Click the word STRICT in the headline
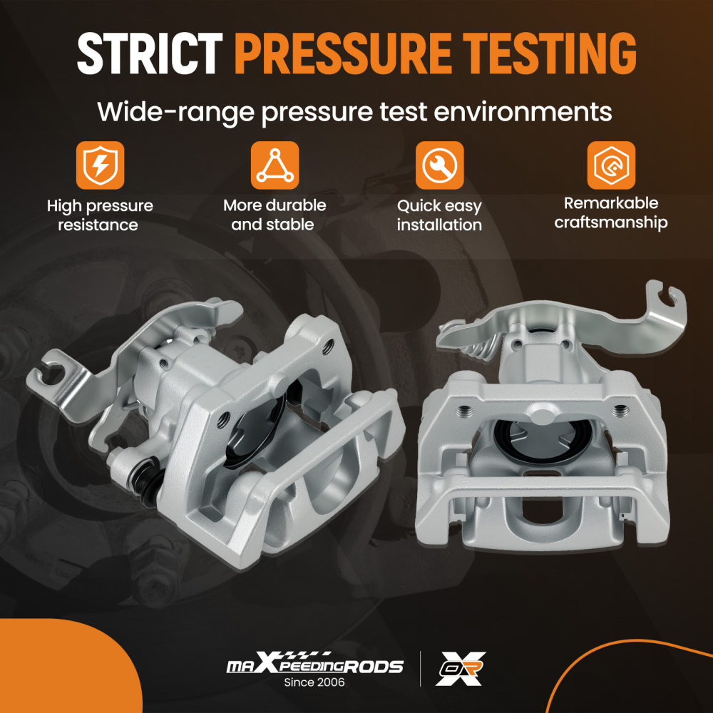click(x=150, y=53)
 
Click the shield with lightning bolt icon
click(x=100, y=165)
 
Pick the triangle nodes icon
click(x=275, y=165)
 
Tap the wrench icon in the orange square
click(x=439, y=165)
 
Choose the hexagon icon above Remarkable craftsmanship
click(x=611, y=165)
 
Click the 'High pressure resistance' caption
click(x=100, y=215)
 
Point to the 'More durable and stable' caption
click(x=275, y=215)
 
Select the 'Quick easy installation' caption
click(x=439, y=215)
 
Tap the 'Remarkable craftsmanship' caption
click(x=611, y=212)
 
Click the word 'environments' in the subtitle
click(x=523, y=112)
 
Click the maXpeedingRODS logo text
click(x=314, y=663)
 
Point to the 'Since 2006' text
click(x=314, y=682)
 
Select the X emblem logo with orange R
click(x=460, y=669)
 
